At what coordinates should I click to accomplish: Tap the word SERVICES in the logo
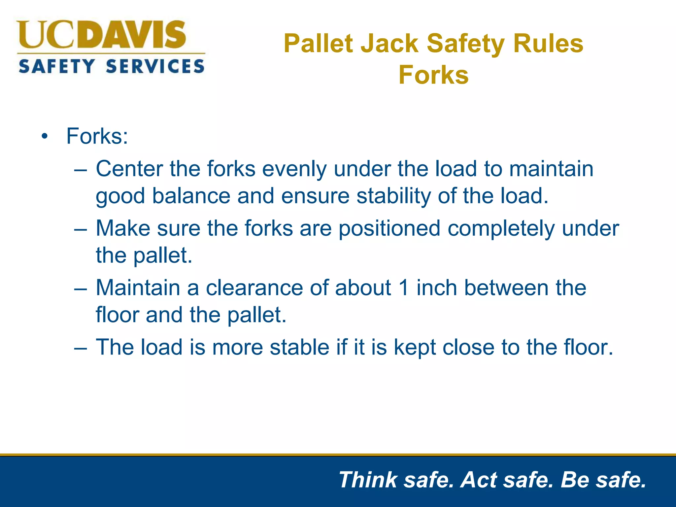[155, 66]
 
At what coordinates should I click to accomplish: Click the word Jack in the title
[389, 44]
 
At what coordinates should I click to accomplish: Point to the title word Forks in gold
[433, 75]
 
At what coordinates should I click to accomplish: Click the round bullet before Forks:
[45, 136]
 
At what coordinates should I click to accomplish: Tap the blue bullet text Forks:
[97, 136]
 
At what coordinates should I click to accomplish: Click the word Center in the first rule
[129, 169]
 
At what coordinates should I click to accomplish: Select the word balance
[191, 196]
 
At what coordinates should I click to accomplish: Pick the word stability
[393, 196]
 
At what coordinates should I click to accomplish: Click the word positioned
[389, 228]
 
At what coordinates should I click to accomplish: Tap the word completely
[501, 228]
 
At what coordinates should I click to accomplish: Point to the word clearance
[254, 287]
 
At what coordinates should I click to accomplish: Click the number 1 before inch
[403, 287]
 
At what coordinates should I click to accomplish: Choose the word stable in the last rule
[299, 347]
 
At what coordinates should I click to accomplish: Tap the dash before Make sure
[81, 228]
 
